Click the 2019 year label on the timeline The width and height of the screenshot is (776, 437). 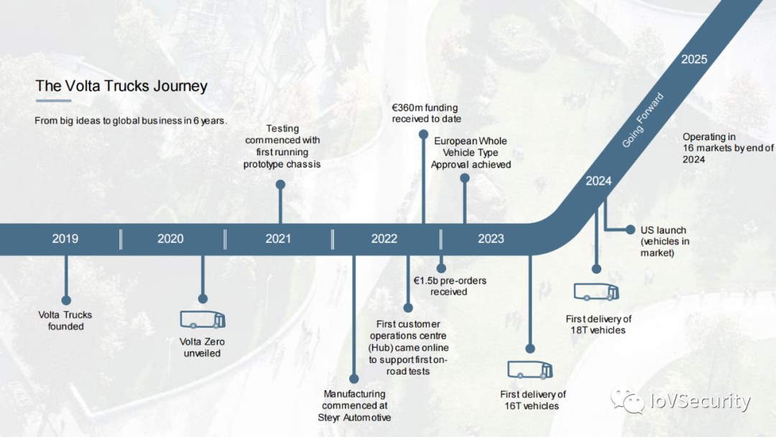click(65, 239)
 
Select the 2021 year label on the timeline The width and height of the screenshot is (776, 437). click(278, 239)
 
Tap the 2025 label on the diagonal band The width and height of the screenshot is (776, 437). click(694, 60)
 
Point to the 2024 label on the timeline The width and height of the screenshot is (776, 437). click(599, 181)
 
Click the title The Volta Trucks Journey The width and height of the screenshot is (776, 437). click(121, 86)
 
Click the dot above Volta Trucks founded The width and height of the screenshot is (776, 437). click(66, 300)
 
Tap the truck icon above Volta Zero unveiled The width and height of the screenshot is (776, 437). click(203, 320)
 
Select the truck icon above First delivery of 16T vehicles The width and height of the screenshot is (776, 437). click(530, 369)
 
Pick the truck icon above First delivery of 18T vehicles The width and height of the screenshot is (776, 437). click(596, 292)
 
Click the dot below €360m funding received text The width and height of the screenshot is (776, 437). click(423, 134)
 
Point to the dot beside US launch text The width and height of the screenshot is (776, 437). click(630, 229)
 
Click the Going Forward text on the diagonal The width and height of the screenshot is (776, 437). click(642, 120)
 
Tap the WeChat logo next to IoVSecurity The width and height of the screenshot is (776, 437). click(627, 400)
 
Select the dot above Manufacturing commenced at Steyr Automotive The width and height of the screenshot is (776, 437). click(354, 379)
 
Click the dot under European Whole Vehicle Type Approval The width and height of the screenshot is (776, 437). click(465, 178)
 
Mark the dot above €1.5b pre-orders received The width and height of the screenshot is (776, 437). click(441, 268)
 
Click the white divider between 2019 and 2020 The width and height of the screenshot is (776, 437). click(121, 239)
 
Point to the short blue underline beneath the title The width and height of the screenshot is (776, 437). click(53, 101)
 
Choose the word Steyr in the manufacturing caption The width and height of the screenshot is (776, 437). click(328, 418)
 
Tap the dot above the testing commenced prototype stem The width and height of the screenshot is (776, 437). click(281, 185)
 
